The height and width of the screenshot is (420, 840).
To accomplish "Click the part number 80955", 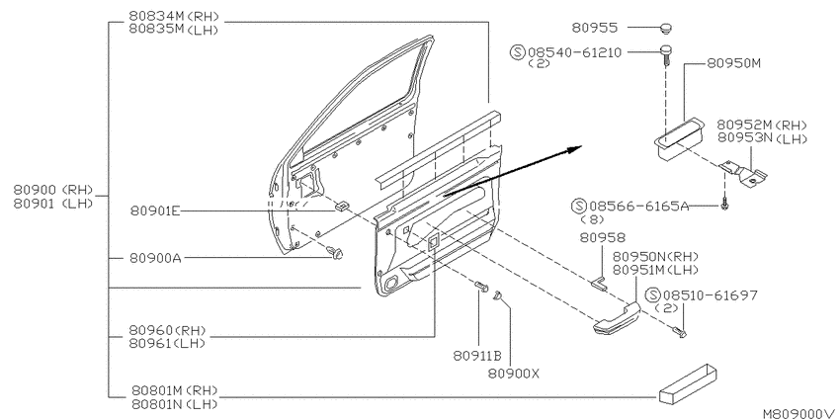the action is (595, 28).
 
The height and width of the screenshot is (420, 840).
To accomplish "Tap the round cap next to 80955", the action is (665, 28).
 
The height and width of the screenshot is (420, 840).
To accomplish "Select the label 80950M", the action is (733, 63).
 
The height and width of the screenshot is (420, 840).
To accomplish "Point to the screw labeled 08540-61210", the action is (665, 55).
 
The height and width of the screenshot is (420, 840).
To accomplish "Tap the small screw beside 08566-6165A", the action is (723, 206).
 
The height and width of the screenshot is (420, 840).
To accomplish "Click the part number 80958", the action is (603, 237).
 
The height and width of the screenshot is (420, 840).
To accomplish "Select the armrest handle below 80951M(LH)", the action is (617, 319).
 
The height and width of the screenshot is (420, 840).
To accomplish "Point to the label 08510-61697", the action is (711, 295).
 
